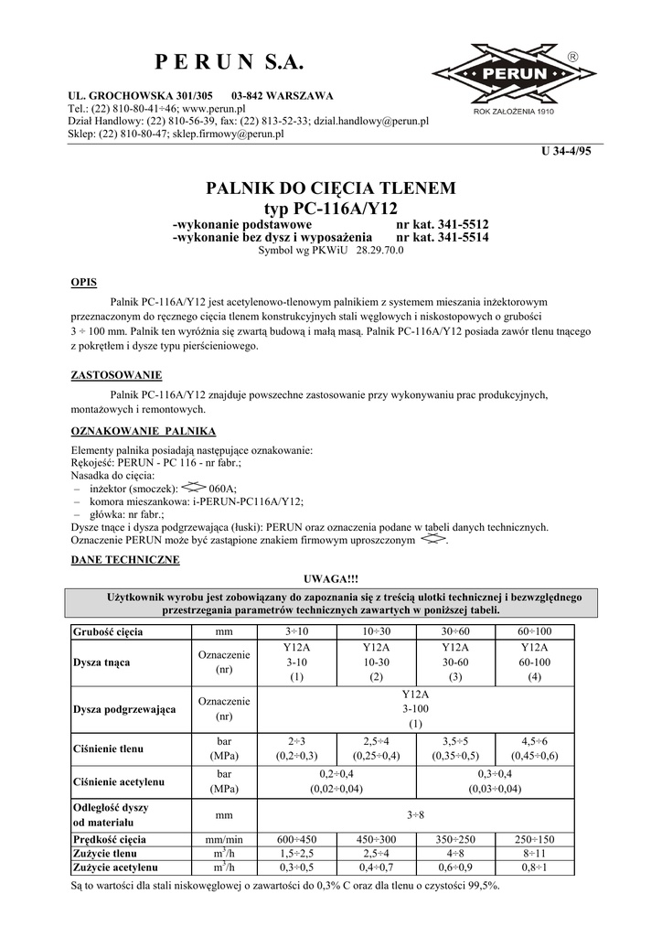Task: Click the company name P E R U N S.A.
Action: point(228,62)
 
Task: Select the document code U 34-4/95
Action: point(568,151)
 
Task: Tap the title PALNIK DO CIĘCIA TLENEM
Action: point(330,189)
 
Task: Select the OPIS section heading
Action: point(84,282)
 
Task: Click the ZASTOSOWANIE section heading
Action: point(116,375)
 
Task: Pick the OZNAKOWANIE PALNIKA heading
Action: point(143,431)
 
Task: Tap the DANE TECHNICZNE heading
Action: point(125,559)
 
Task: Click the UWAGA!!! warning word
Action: point(330,579)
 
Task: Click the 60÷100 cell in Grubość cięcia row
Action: point(534,631)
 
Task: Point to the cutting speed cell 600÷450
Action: point(296,839)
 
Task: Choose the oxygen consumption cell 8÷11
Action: point(534,853)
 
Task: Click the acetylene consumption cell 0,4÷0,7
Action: point(376,867)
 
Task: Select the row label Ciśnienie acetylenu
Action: point(118,781)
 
